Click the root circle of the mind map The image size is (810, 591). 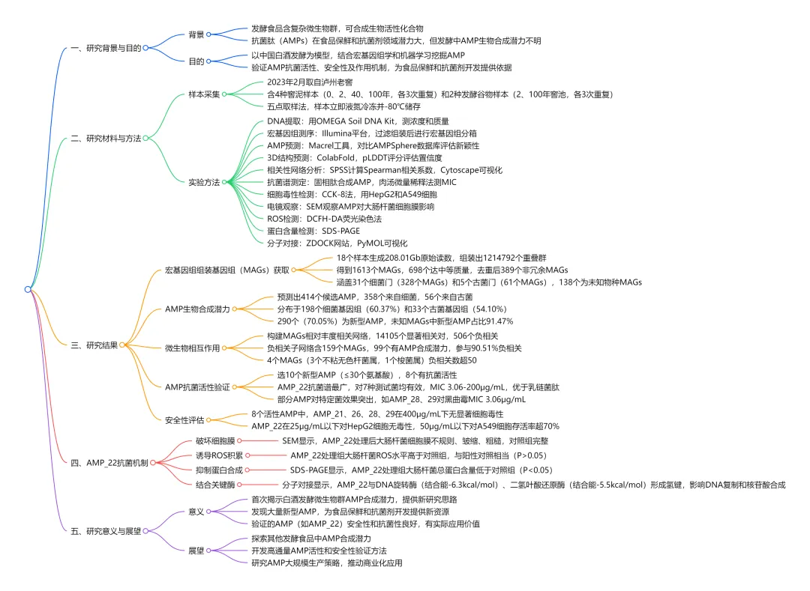click(28, 289)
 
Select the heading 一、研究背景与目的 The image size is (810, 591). click(106, 48)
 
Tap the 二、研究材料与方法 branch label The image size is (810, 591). click(106, 138)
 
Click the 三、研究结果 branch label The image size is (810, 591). click(94, 345)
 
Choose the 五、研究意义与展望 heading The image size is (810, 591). click(106, 530)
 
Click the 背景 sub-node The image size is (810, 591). click(196, 34)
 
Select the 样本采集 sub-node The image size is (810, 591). click(204, 94)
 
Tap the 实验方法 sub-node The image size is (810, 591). click(204, 182)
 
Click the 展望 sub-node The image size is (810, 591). click(196, 550)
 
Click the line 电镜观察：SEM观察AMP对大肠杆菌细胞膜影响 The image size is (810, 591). click(350, 206)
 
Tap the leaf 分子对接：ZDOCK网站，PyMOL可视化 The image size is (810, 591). click(337, 243)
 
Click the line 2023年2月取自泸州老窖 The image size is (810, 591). click(310, 82)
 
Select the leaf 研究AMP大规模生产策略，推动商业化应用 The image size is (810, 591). click(331, 563)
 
